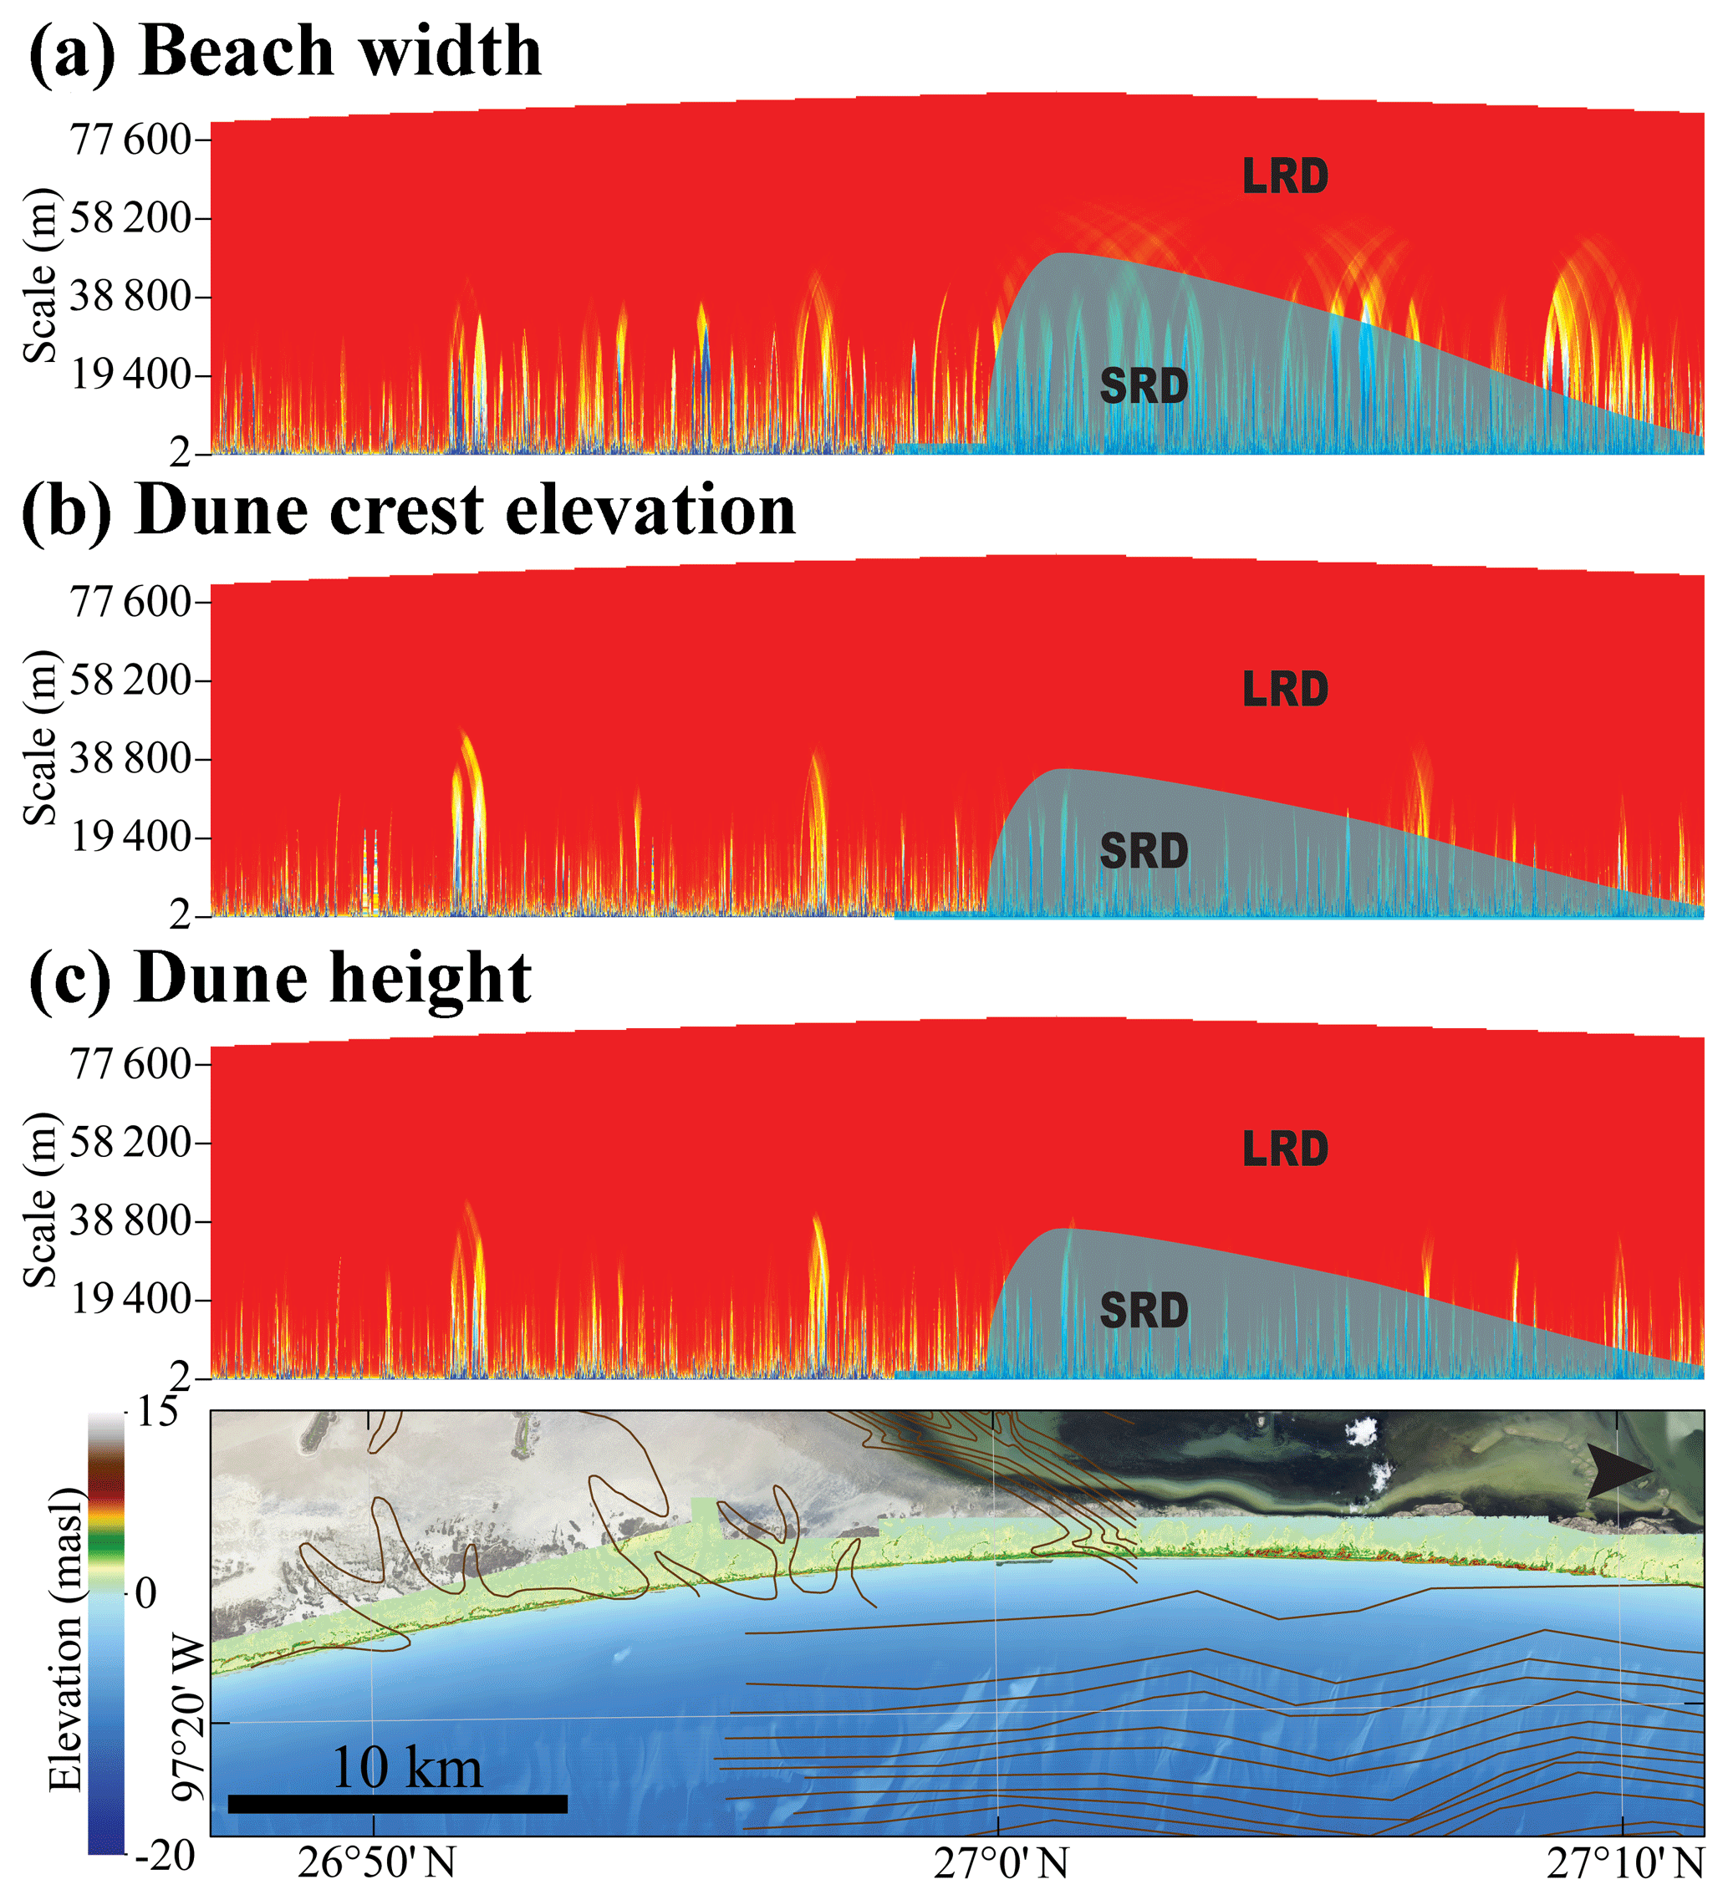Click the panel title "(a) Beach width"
285,51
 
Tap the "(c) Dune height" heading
280,978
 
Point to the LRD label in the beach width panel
1285,177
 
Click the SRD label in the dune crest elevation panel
1144,852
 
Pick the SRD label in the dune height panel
1144,1311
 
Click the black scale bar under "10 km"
397,1804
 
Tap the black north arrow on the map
1618,1472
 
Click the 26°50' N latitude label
377,1863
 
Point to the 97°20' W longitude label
190,1719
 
